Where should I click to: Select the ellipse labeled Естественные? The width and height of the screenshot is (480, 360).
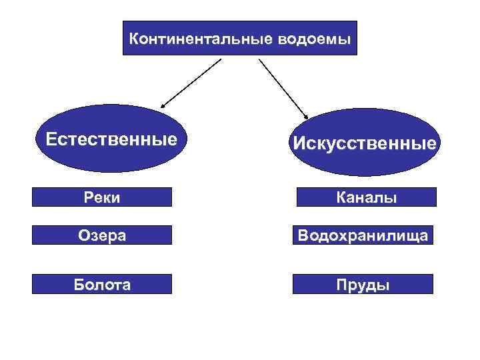point(111,139)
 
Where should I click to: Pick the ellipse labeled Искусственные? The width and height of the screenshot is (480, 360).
point(363,142)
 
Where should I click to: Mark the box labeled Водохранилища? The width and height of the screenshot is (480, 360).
point(363,235)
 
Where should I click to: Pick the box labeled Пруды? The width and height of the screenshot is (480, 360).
point(363,284)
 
